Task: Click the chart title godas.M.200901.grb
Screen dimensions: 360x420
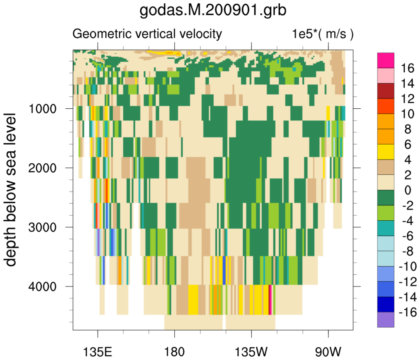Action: tap(213, 11)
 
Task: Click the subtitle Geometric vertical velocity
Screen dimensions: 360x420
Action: tap(147, 33)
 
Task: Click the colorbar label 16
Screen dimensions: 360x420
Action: tap(405, 68)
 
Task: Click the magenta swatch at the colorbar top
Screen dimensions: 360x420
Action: tap(386, 60)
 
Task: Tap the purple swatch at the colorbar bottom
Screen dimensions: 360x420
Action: tap(386, 320)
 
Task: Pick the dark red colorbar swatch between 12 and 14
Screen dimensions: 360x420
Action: tap(386, 91)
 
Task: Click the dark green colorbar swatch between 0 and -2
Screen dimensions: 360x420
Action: tap(386, 198)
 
